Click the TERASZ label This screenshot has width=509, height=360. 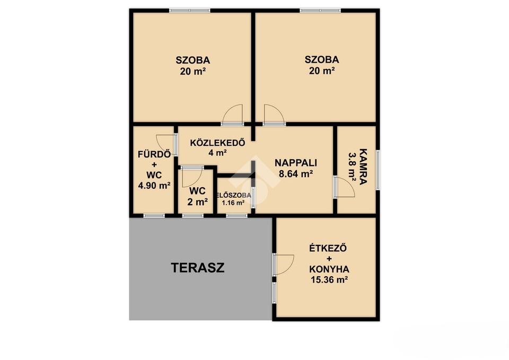198,268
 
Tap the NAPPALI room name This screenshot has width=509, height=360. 296,163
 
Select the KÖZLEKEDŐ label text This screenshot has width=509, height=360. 217,143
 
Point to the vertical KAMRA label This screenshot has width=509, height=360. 363,166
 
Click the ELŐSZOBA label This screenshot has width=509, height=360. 234,196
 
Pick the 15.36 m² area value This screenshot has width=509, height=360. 329,280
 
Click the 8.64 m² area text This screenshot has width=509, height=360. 296,174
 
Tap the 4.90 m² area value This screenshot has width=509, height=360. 154,186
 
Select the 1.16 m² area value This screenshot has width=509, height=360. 233,203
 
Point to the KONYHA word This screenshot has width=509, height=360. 329,269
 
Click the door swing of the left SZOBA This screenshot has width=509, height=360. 233,114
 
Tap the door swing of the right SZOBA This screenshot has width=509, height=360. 274,114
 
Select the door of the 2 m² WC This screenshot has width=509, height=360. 192,178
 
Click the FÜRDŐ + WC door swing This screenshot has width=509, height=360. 166,145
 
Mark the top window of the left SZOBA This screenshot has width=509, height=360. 190,11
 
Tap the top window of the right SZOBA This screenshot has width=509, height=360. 320,11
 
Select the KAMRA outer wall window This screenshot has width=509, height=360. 378,170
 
